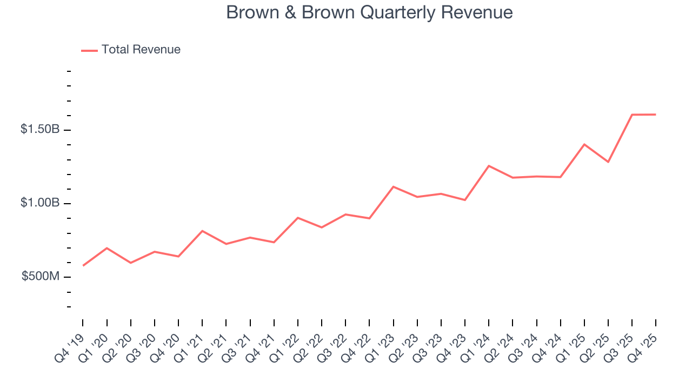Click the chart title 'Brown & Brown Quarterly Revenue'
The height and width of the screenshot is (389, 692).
click(369, 12)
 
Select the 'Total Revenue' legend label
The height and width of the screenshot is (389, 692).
click(141, 50)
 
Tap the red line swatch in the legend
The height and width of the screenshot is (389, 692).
click(89, 50)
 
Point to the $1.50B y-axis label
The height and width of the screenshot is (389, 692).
click(40, 130)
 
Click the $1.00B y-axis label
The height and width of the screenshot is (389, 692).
click(40, 203)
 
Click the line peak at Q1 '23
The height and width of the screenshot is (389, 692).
click(394, 186)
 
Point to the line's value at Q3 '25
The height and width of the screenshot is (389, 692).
click(632, 115)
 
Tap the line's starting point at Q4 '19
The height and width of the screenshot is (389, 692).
click(83, 265)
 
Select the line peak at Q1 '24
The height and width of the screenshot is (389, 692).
click(489, 166)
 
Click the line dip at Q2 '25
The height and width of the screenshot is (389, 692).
click(608, 162)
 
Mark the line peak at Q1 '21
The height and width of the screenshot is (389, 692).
click(202, 231)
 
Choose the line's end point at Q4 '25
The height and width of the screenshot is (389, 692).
click(656, 114)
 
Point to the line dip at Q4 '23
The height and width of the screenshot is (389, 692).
click(465, 200)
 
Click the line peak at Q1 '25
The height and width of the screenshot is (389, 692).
click(584, 144)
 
